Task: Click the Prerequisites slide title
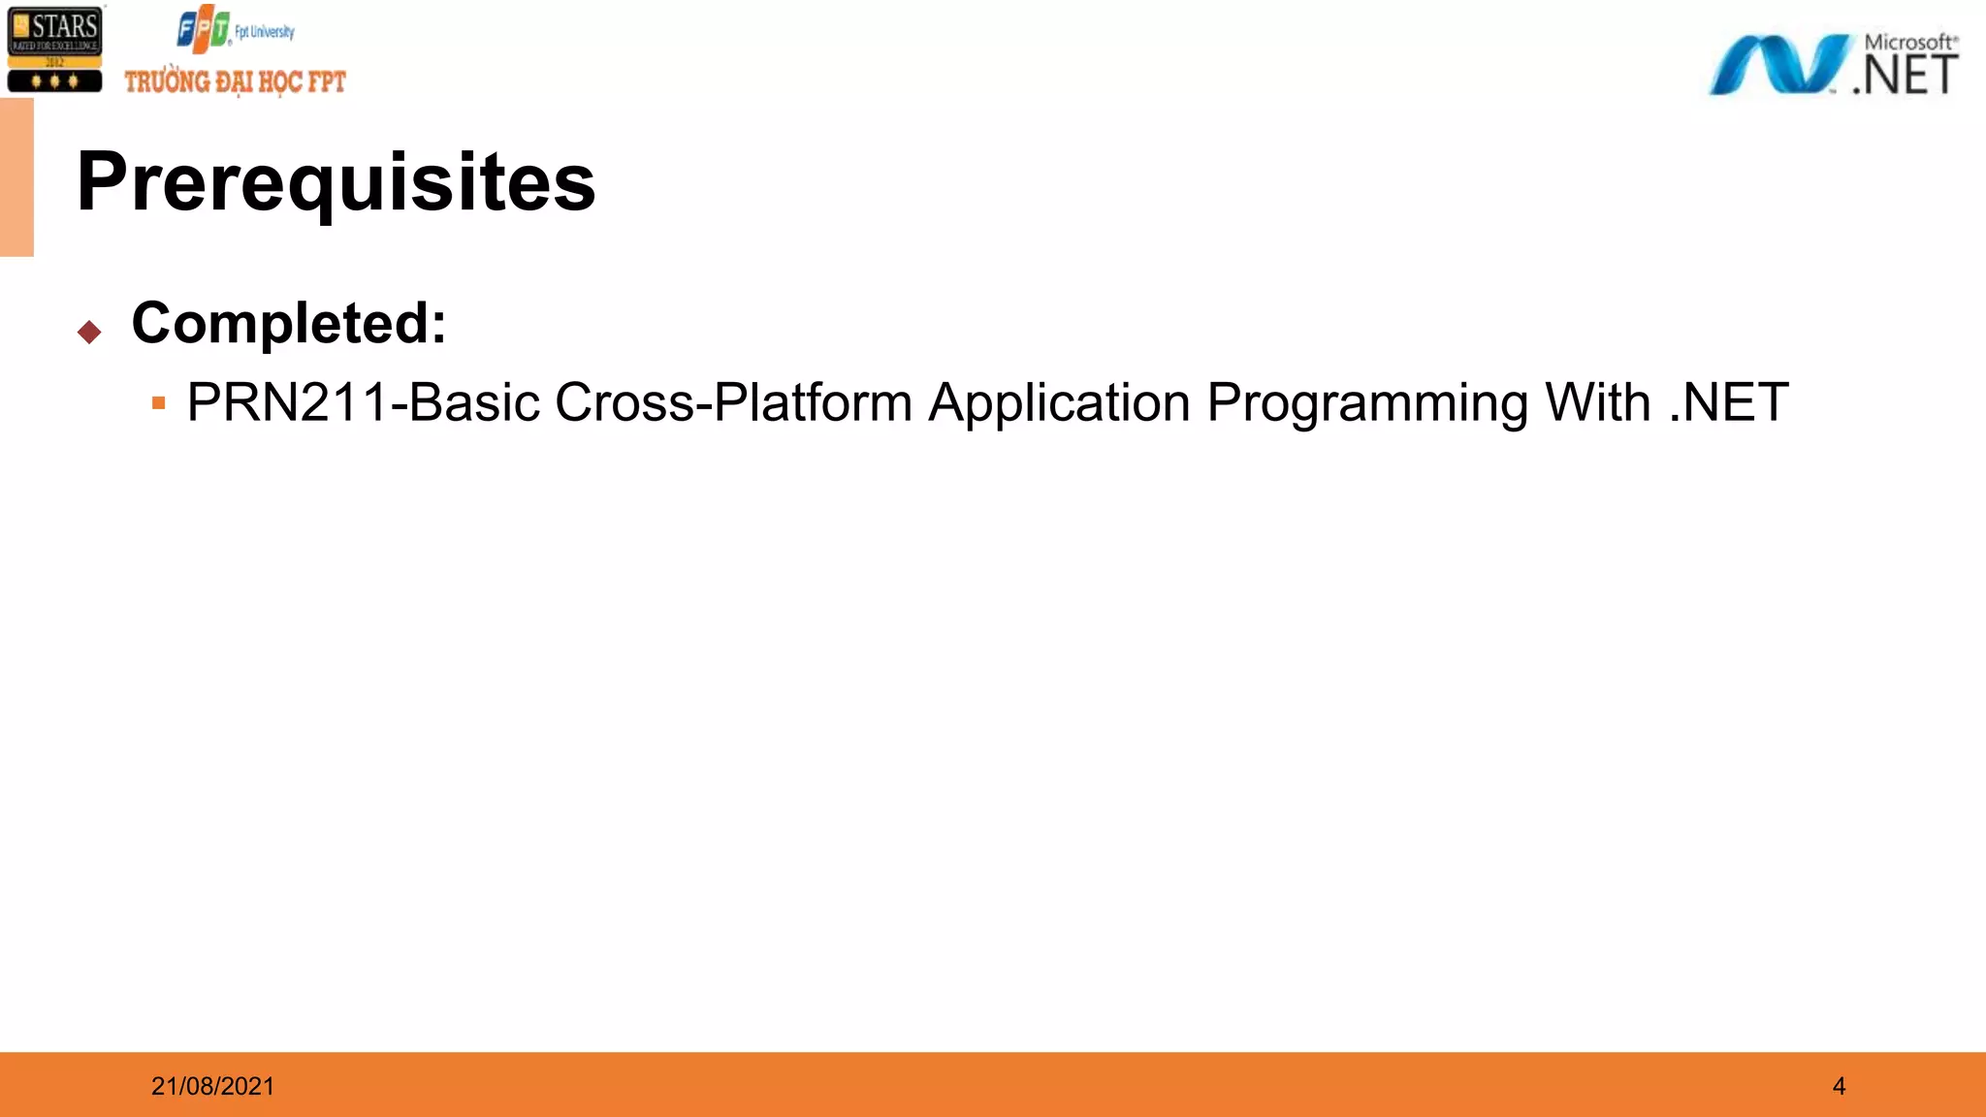(x=336, y=182)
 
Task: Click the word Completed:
(x=289, y=323)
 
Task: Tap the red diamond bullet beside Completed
(x=89, y=333)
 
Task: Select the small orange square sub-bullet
(x=159, y=402)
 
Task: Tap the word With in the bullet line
(x=1597, y=402)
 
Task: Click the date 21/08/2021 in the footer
(x=212, y=1086)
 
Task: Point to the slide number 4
(x=1839, y=1086)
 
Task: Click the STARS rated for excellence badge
(x=55, y=48)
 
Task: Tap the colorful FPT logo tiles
(x=203, y=30)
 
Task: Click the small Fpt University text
(x=265, y=32)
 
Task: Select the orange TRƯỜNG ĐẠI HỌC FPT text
(x=235, y=81)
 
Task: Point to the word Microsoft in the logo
(x=1908, y=43)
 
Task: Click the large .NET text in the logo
(x=1906, y=76)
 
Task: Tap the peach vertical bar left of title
(x=16, y=177)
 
